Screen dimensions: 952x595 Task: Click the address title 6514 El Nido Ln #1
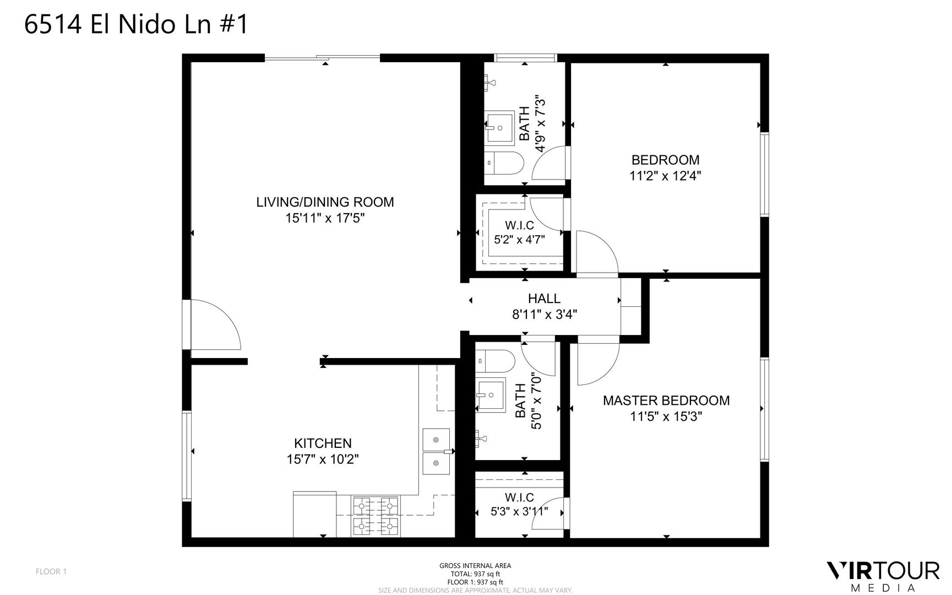136,25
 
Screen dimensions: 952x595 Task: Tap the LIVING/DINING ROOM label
325,202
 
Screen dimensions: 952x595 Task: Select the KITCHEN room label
323,443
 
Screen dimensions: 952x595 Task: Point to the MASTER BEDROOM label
666,401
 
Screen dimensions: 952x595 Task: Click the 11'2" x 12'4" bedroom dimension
665,176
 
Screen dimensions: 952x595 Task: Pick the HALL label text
544,299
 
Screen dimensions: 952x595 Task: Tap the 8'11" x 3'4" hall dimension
544,315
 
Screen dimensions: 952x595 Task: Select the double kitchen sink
436,452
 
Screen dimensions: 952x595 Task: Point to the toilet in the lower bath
495,361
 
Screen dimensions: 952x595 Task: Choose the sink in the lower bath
491,394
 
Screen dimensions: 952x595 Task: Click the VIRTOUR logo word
884,571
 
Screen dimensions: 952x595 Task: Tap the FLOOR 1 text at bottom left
51,571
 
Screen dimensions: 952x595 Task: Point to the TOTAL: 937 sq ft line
475,574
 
